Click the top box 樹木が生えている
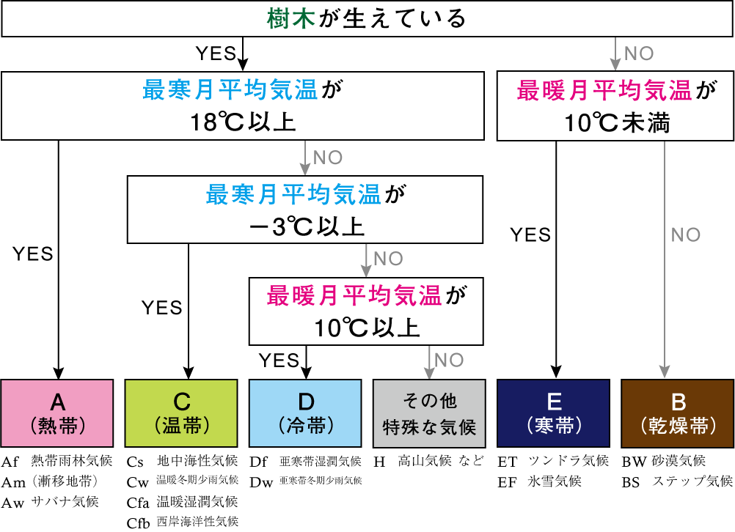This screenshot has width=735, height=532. pyautogui.click(x=367, y=19)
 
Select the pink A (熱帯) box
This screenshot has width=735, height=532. pyautogui.click(x=57, y=413)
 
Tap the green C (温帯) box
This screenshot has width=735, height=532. pyautogui.click(x=181, y=413)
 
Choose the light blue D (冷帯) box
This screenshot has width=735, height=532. pyautogui.click(x=305, y=413)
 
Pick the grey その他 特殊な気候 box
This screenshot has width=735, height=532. pyautogui.click(x=429, y=413)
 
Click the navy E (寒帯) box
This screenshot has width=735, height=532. pyautogui.click(x=554, y=413)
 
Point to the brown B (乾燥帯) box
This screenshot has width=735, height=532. pyautogui.click(x=678, y=413)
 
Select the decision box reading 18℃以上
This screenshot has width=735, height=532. pyautogui.click(x=243, y=106)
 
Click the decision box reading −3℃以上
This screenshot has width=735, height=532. pyautogui.click(x=305, y=210)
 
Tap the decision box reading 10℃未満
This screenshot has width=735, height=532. pyautogui.click(x=615, y=106)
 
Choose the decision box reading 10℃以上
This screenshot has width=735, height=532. pyautogui.click(x=367, y=311)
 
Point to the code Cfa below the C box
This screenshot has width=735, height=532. pyautogui.click(x=137, y=502)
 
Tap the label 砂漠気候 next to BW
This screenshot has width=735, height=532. pyautogui.click(x=679, y=461)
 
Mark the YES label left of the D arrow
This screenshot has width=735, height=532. pyautogui.click(x=279, y=360)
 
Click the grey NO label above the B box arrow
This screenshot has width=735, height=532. pyautogui.click(x=686, y=234)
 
